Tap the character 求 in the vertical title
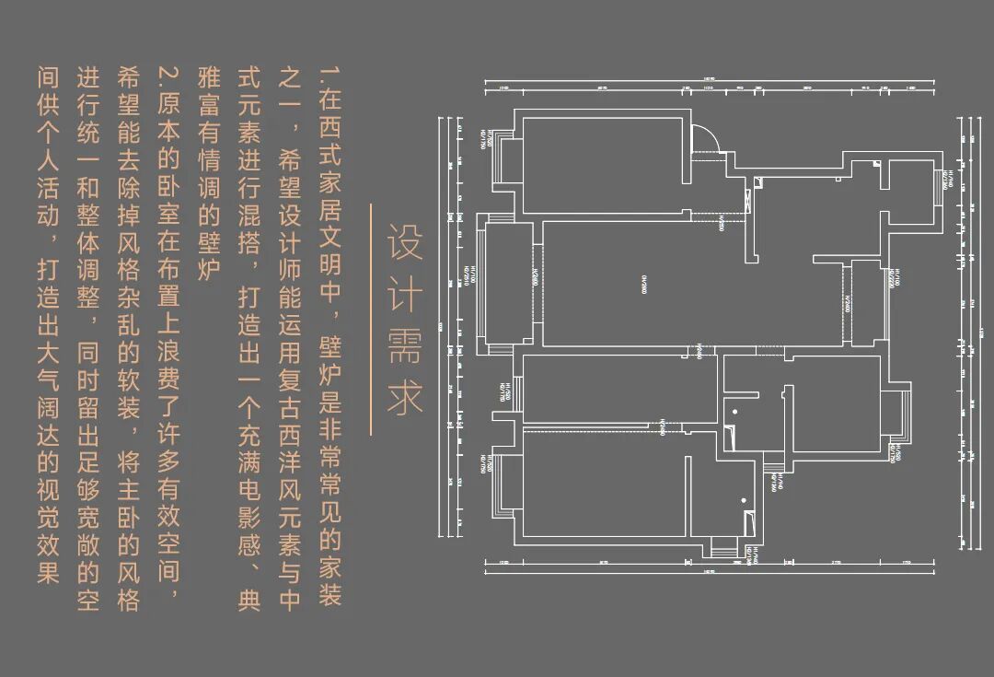(405, 396)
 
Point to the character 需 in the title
(405, 345)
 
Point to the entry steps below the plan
(724, 553)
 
